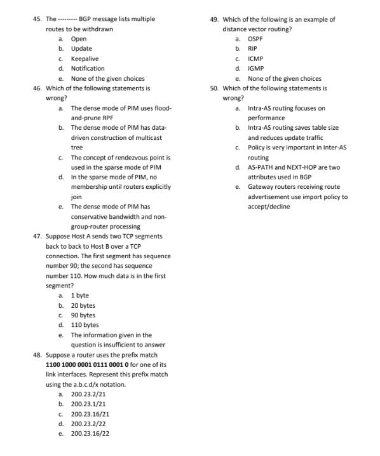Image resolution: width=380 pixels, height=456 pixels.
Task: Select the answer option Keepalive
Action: (83, 59)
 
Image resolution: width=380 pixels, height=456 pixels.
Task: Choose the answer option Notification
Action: (88, 68)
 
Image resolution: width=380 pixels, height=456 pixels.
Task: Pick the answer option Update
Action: (81, 48)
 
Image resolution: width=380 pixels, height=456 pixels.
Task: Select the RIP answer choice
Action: (252, 48)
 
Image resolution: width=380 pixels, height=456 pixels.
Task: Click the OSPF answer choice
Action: (255, 39)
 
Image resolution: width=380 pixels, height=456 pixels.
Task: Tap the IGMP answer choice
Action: (255, 68)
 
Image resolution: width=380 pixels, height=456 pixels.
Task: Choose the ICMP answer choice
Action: (255, 59)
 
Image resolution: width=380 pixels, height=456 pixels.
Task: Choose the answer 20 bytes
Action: (83, 305)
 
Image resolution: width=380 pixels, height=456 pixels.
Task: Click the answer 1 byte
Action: (80, 296)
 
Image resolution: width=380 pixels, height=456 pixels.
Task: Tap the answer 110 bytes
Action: (85, 325)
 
